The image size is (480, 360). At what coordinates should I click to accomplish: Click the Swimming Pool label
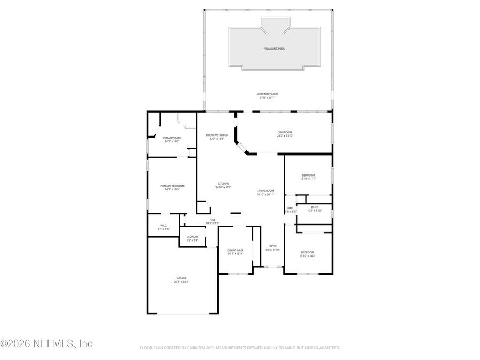(x=274, y=49)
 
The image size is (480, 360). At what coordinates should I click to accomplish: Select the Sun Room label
(x=285, y=132)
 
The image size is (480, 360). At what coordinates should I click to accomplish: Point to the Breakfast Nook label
(x=217, y=135)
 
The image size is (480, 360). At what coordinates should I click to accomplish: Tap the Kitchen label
(x=222, y=183)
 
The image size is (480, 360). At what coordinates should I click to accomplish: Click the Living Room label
(x=265, y=191)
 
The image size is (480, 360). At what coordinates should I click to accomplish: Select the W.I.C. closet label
(x=163, y=225)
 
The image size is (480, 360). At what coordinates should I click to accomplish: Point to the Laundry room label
(x=192, y=237)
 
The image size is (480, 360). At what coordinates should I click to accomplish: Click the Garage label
(x=181, y=278)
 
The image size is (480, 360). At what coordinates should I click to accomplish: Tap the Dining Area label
(x=235, y=250)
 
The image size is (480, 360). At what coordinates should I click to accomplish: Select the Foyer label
(x=273, y=246)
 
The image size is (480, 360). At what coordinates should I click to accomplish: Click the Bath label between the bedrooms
(x=314, y=207)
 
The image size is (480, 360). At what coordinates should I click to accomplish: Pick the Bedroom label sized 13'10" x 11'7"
(x=308, y=175)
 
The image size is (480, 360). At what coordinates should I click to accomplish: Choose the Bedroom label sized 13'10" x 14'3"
(x=307, y=252)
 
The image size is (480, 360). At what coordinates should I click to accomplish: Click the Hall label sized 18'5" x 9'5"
(x=212, y=220)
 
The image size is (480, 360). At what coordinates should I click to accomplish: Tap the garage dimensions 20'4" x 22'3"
(x=181, y=282)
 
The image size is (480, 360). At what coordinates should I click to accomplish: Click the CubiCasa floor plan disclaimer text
(x=239, y=348)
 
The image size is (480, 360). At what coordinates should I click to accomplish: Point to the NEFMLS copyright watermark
(x=46, y=344)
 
